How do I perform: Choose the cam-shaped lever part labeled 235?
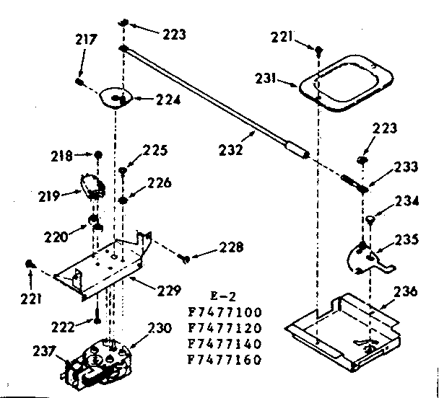tap(363, 253)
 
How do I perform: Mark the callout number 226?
tap(159, 183)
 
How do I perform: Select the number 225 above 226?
tap(155, 151)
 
